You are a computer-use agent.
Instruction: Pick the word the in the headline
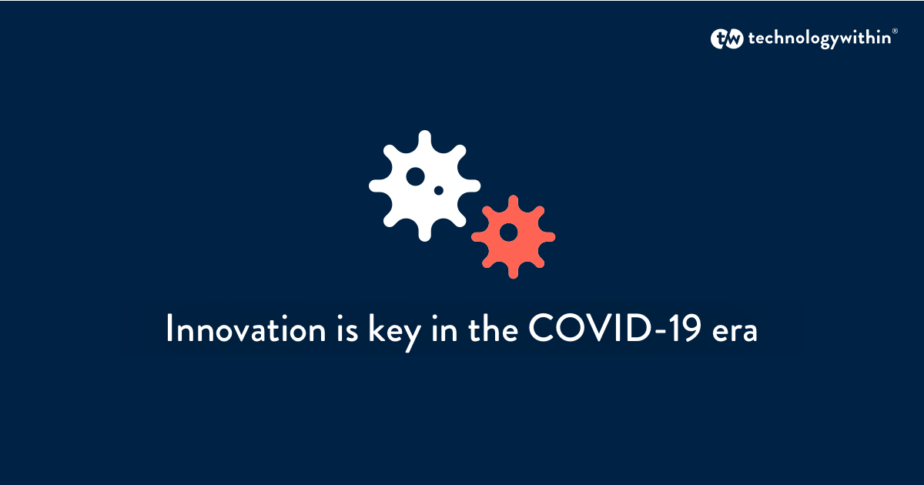click(x=493, y=329)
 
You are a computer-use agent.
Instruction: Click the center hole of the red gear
click(x=509, y=231)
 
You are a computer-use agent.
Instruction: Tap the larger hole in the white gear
click(x=416, y=176)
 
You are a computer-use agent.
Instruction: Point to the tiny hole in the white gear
click(x=439, y=189)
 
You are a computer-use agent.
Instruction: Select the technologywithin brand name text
click(x=818, y=39)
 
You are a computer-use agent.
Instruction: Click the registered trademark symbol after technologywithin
click(x=894, y=32)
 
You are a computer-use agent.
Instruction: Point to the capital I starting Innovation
click(x=169, y=329)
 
